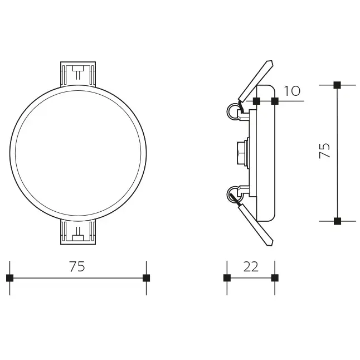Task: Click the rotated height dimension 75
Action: click(325, 150)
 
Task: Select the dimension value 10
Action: click(292, 91)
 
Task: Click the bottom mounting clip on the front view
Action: click(79, 231)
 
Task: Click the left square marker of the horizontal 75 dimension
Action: click(9, 278)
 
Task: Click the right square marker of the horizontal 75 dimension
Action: click(147, 278)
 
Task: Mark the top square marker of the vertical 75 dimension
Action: click(337, 85)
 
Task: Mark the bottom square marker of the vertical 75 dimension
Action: click(337, 221)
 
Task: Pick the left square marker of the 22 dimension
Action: click(227, 278)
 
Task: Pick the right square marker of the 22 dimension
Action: click(274, 278)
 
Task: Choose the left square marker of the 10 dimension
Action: click(256, 101)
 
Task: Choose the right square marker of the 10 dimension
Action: click(274, 101)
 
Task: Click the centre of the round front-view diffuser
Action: click(79, 152)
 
